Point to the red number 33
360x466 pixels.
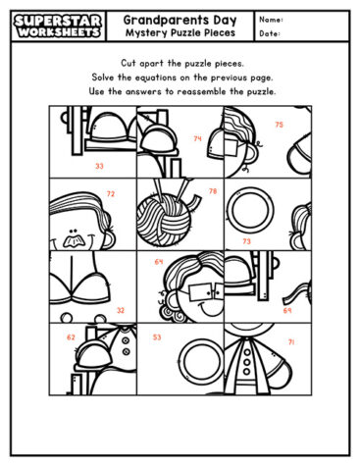pos(99,167)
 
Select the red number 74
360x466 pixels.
pos(198,138)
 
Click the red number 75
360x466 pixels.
pos(279,125)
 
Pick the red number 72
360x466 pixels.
pos(110,194)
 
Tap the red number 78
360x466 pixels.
pos(213,191)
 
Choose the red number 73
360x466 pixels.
pos(246,240)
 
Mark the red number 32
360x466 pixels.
pos(121,310)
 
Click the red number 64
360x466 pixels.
pos(159,262)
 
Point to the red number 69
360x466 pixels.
pos(287,310)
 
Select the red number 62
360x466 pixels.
pos(71,337)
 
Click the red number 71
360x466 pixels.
pos(291,341)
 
